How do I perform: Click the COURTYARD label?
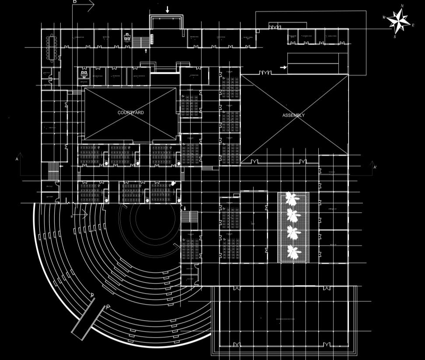130,113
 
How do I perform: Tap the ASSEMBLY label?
293,115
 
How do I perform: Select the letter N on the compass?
402,6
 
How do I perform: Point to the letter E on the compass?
413,25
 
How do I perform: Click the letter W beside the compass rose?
384,17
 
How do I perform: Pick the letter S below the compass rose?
394,37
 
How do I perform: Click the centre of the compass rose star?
398,21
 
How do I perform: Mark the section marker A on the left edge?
17,159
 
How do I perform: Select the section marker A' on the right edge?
375,167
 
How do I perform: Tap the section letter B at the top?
75,2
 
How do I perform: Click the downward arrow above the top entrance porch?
167,10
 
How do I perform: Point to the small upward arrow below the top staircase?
146,51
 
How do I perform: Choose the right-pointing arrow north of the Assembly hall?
283,67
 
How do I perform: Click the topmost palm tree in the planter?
292,199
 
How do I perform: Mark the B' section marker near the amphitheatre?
72,217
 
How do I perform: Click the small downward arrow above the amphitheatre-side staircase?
184,208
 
